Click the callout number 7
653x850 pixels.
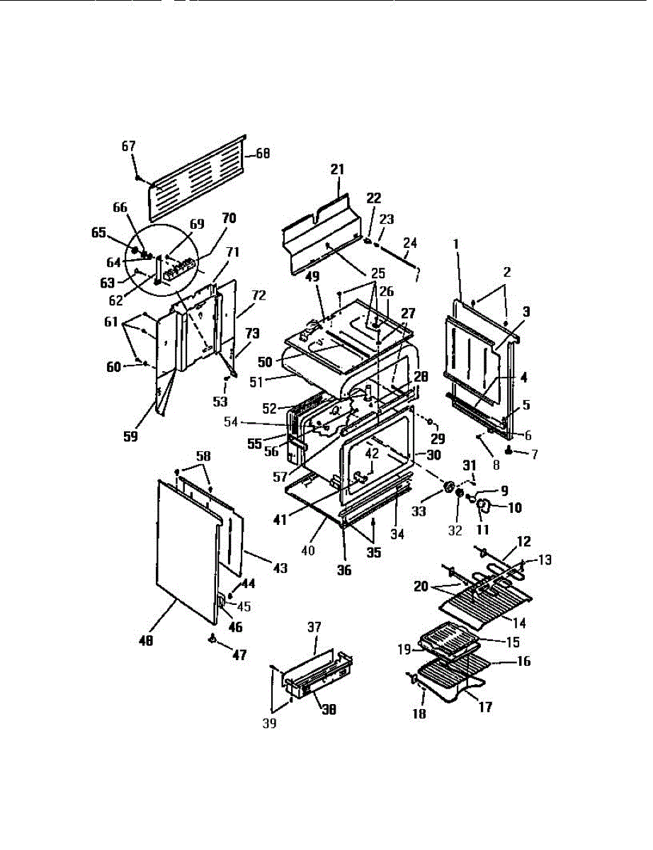[534, 454]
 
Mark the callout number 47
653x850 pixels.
[239, 656]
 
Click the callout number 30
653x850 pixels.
[433, 454]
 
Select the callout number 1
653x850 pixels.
[456, 243]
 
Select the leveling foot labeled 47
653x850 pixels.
[212, 639]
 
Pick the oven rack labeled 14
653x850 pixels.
[489, 604]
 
